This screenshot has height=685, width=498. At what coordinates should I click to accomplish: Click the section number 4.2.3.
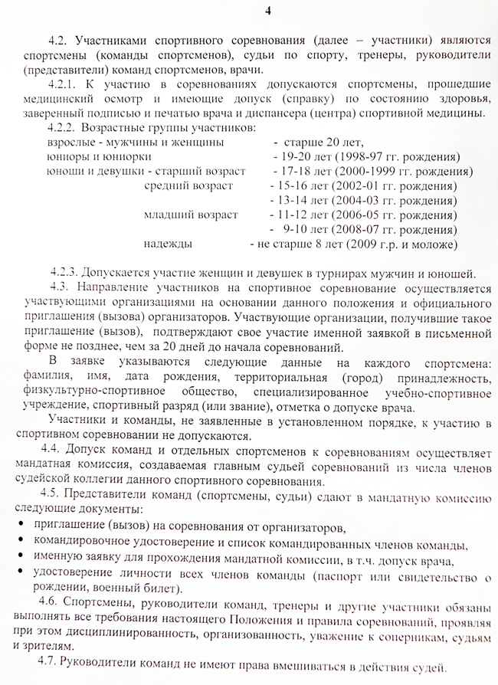64,273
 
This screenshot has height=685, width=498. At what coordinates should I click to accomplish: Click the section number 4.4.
54,448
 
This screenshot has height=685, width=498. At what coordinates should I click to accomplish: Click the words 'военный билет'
141,589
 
